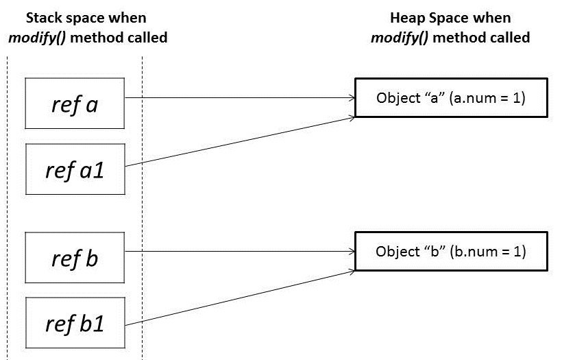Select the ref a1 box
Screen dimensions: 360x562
point(75,169)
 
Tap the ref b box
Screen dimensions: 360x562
point(75,259)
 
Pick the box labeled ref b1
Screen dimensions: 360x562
point(75,322)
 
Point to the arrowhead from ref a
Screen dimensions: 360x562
point(350,98)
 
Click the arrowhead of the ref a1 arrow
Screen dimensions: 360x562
point(350,117)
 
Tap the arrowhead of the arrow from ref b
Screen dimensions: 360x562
point(350,251)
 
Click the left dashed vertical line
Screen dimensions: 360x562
point(7,206)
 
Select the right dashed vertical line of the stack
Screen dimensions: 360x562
point(142,206)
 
